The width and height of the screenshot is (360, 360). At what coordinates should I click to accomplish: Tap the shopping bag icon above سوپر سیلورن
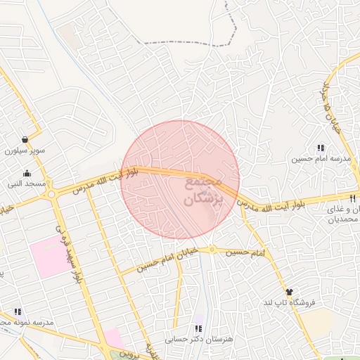coord(25,139)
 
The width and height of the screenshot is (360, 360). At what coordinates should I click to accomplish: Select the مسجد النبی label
coord(27,184)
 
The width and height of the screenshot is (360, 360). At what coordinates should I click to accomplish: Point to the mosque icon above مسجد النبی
coord(27,174)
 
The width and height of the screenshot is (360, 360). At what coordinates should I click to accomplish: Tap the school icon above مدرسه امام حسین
coord(321,148)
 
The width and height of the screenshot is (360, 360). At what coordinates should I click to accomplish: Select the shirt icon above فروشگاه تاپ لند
coord(289,291)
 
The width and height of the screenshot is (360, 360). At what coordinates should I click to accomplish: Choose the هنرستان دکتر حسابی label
coord(198,340)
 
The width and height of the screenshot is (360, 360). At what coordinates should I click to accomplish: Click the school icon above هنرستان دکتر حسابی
coord(198,328)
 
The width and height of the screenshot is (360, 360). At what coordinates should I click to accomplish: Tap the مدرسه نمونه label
coord(21,322)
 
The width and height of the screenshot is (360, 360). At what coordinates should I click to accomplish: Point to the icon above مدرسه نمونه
coord(18,311)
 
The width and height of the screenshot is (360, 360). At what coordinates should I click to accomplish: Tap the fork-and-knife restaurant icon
coord(351,198)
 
